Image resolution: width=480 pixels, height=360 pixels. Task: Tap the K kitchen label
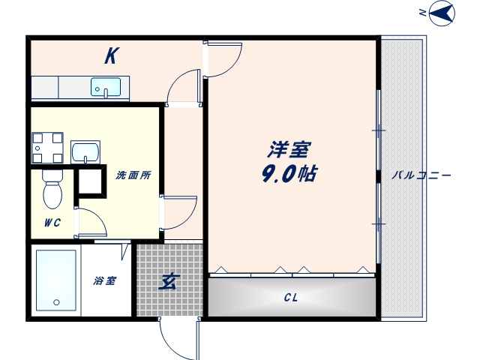click(x=111, y=56)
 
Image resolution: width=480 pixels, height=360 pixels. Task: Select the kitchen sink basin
click(x=106, y=88)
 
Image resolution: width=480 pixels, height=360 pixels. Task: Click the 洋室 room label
click(x=290, y=150)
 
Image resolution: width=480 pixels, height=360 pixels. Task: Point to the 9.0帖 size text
click(x=289, y=175)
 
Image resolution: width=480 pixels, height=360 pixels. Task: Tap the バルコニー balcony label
click(x=421, y=175)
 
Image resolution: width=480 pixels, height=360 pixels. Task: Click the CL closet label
click(x=291, y=298)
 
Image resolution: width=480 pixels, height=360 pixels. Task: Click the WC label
click(x=51, y=223)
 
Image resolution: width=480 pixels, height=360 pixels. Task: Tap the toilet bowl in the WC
click(x=52, y=190)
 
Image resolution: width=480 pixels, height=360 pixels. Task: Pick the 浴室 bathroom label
click(x=105, y=281)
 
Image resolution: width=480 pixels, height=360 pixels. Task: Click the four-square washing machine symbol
click(x=46, y=146)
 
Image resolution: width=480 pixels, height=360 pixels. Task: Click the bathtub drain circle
click(x=55, y=303)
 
